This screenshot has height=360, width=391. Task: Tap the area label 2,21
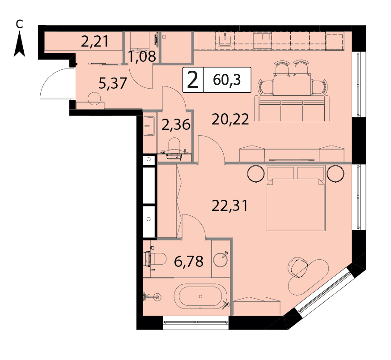(95, 42)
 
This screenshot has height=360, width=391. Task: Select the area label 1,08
(142, 56)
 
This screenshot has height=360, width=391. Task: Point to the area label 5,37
(113, 83)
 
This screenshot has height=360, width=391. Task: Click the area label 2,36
(176, 124)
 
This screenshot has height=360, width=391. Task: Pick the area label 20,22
(230, 119)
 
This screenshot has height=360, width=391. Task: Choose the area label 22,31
(229, 206)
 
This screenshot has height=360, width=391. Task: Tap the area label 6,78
(188, 261)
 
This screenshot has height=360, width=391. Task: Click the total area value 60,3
(227, 80)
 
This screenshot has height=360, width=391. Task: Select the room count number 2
(193, 80)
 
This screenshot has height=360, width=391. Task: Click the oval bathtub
(200, 296)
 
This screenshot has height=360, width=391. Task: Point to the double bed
(296, 198)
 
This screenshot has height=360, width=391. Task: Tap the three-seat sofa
(292, 109)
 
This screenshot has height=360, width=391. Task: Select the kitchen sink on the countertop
(225, 39)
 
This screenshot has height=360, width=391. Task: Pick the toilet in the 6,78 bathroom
(155, 259)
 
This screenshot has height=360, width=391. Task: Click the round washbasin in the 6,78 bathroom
(221, 259)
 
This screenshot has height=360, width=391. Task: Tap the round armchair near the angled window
(297, 268)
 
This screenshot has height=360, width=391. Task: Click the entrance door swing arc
(47, 80)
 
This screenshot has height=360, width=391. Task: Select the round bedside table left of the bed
(255, 174)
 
